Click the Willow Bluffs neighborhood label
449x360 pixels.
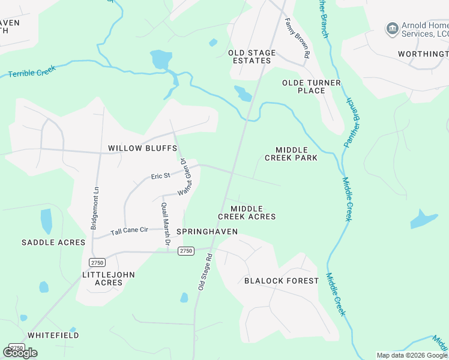[142, 148]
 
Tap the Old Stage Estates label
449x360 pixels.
[252, 57]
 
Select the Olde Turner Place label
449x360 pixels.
[312, 86]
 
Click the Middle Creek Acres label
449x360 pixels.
[247, 212]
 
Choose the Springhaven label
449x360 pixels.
[207, 232]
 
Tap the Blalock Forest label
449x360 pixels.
[282, 281]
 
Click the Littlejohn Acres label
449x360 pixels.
[109, 278]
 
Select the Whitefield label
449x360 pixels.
[53, 335]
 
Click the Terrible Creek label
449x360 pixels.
[32, 71]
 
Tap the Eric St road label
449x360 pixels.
[161, 176]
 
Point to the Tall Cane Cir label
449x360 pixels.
[130, 230]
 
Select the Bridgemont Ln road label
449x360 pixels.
[94, 208]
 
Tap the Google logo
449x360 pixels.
[20, 352]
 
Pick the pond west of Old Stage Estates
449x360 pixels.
[160, 59]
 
